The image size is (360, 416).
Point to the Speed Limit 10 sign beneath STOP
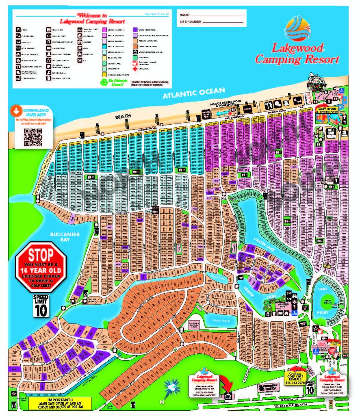(41, 305)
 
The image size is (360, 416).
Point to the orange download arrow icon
(16, 110)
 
